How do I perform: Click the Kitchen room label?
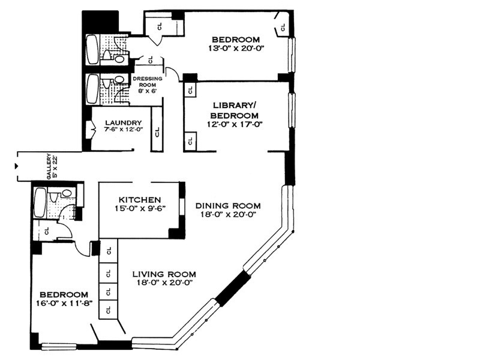[139, 200]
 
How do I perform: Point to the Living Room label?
[164, 274]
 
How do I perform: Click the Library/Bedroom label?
[235, 110]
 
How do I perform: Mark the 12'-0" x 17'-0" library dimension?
[235, 124]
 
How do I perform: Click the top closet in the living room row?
[108, 252]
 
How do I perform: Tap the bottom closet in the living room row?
[108, 310]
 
